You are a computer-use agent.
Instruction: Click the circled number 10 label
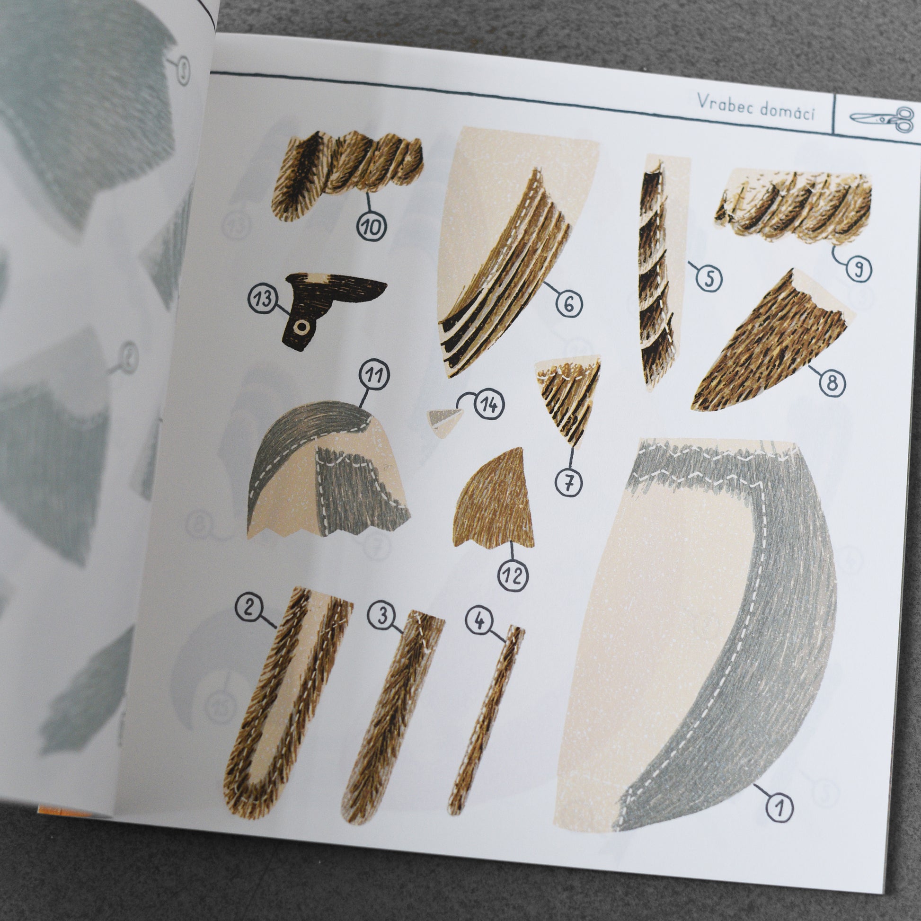[372, 226]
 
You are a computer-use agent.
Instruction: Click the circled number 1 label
[780, 807]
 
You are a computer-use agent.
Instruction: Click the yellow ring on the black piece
[301, 327]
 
